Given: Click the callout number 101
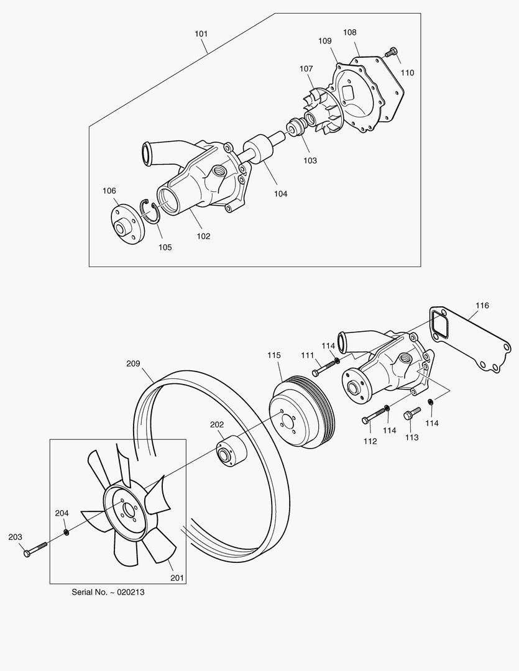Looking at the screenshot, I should (x=201, y=34).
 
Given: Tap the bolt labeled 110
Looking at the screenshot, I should (x=390, y=53).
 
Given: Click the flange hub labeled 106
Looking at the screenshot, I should (x=127, y=223).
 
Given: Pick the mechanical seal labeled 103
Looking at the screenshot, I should (x=295, y=129).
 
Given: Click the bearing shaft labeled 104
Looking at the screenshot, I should (x=259, y=150).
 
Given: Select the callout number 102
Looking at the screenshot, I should (x=203, y=236).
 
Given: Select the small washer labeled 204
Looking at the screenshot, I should (x=67, y=532).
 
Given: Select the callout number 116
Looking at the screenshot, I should (x=482, y=306).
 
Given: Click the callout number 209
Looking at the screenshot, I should (x=133, y=363).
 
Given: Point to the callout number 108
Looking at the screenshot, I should (x=350, y=32).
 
